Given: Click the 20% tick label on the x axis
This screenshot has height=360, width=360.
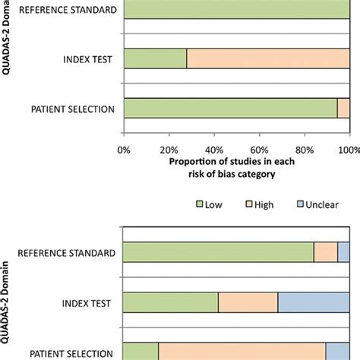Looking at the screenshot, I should click(169, 150).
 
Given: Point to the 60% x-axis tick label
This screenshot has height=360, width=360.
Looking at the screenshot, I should click(260, 150).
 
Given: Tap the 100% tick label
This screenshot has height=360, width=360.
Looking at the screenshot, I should click(348, 150).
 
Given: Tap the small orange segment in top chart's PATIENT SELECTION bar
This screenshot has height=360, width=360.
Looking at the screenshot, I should click(343, 109).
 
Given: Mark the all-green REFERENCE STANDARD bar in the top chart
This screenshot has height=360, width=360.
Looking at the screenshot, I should click(235, 9).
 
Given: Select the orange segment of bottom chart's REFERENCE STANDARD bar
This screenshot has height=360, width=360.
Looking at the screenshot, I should click(326, 252).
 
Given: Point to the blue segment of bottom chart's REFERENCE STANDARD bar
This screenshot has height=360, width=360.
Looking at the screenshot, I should click(343, 252).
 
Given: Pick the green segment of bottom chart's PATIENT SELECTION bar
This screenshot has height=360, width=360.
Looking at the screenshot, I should click(141, 351).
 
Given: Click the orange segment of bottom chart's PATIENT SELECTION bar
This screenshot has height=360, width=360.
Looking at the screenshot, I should click(242, 351).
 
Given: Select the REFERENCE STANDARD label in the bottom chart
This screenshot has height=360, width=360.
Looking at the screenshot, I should click(67, 253).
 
